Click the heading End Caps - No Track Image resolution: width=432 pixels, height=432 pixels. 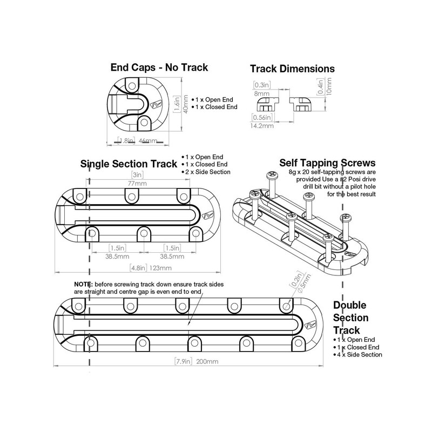[x=159, y=67]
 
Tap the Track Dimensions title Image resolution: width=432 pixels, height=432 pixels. [x=292, y=69]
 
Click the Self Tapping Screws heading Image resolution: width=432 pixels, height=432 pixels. [x=327, y=163]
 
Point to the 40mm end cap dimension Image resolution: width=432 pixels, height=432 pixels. [x=185, y=110]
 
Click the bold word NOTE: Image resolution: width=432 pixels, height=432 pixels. [x=84, y=284]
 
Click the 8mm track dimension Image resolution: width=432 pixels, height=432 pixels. [x=262, y=93]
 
